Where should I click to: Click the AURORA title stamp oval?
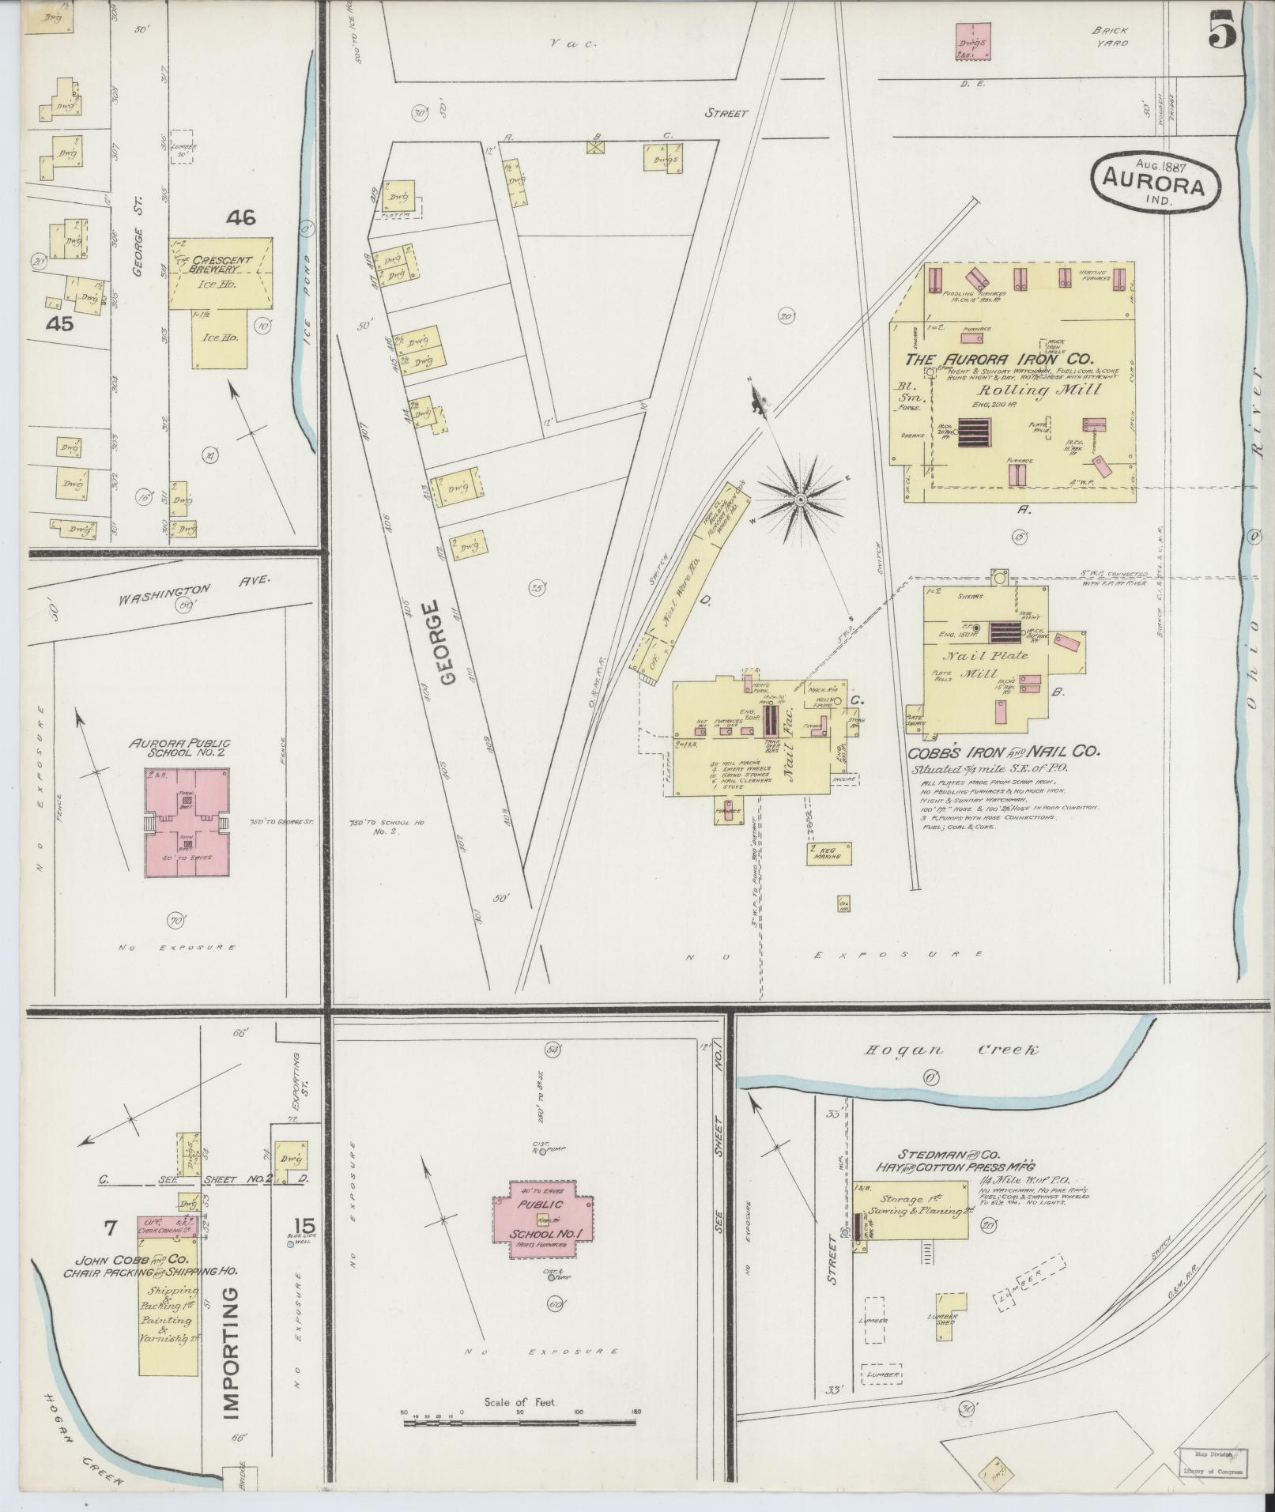tap(1155, 183)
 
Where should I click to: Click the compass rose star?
tap(801, 500)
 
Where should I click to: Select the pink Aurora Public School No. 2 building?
tap(187, 822)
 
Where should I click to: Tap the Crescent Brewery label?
tap(222, 264)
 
